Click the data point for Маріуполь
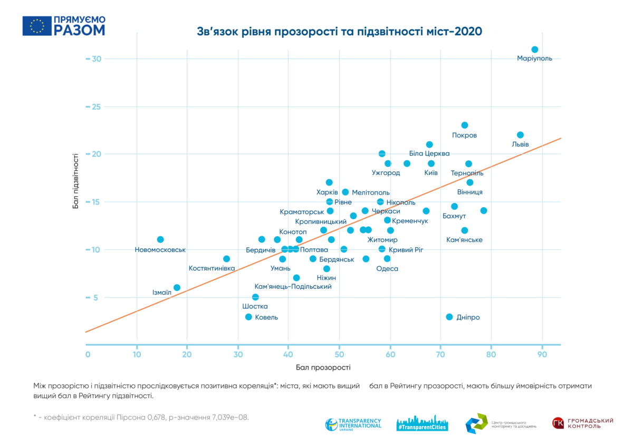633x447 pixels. tap(534, 50)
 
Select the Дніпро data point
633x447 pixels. tap(449, 317)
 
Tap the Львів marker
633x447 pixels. tap(520, 135)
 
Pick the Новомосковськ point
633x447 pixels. tap(160, 240)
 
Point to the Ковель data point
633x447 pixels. tap(248, 317)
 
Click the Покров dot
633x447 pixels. tap(465, 125)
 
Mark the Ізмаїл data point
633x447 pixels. tap(177, 288)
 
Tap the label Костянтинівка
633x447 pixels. tap(212, 268)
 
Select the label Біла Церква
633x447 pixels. tap(429, 153)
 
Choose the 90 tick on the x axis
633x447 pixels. tap(542, 355)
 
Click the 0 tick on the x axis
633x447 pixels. tap(88, 355)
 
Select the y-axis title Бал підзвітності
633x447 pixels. tap(76, 181)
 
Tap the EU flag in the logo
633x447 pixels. tap(37, 26)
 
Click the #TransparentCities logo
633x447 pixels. tap(423, 423)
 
